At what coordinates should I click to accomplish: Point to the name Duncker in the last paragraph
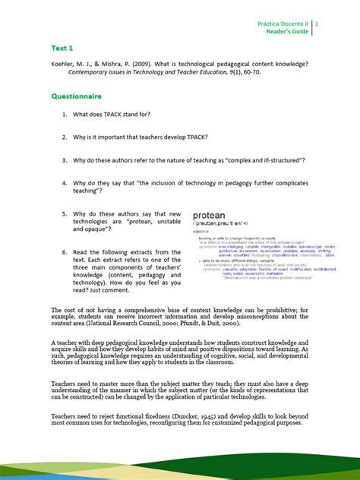coord(210,415)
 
